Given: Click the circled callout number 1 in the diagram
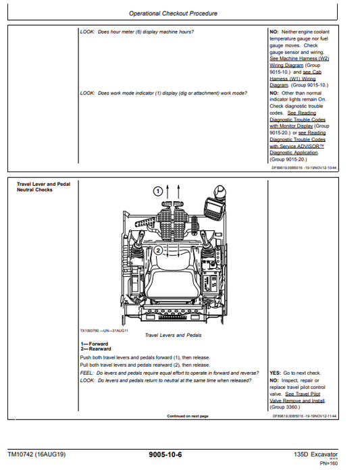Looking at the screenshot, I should pyautogui.click(x=157, y=191).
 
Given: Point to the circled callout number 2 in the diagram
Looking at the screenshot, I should pyautogui.click(x=157, y=249).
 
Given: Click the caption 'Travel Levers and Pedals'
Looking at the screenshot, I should pyautogui.click(x=173, y=335).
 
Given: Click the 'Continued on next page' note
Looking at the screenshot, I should pyautogui.click(x=187, y=416).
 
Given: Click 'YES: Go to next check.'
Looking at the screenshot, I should pyautogui.click(x=295, y=373).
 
